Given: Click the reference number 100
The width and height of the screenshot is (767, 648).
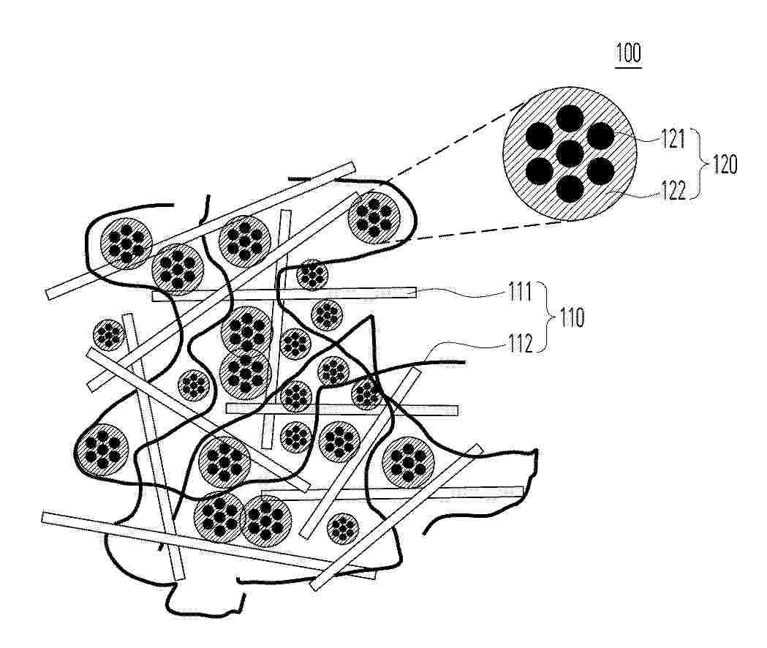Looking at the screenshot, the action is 629,53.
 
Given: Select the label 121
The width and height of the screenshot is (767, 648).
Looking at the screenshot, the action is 673,139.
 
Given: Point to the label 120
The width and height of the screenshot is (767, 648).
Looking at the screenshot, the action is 725,165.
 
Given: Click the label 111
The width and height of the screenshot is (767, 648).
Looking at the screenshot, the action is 519,293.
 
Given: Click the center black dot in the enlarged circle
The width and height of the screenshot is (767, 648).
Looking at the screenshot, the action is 570,154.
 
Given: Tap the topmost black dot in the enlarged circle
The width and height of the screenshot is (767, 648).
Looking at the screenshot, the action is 570,118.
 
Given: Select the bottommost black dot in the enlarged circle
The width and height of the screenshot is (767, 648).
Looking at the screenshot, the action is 570,189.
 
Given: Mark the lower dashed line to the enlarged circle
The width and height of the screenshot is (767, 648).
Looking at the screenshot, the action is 490,230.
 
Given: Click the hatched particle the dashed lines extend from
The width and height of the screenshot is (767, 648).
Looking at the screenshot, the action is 374,218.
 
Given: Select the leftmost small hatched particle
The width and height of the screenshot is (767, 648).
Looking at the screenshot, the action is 109,335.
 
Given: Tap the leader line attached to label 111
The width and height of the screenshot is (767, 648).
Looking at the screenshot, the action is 463,293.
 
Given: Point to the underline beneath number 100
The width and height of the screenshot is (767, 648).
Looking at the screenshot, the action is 629,67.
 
